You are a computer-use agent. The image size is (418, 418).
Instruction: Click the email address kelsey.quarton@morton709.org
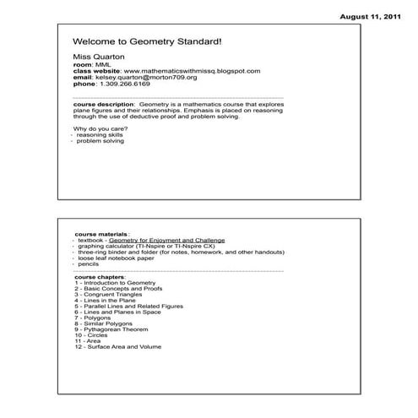point(145,78)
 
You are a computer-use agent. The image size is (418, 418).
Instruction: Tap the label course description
point(102,105)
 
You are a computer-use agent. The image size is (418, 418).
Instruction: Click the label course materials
point(101,233)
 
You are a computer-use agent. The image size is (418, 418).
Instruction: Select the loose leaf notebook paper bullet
point(118,258)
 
